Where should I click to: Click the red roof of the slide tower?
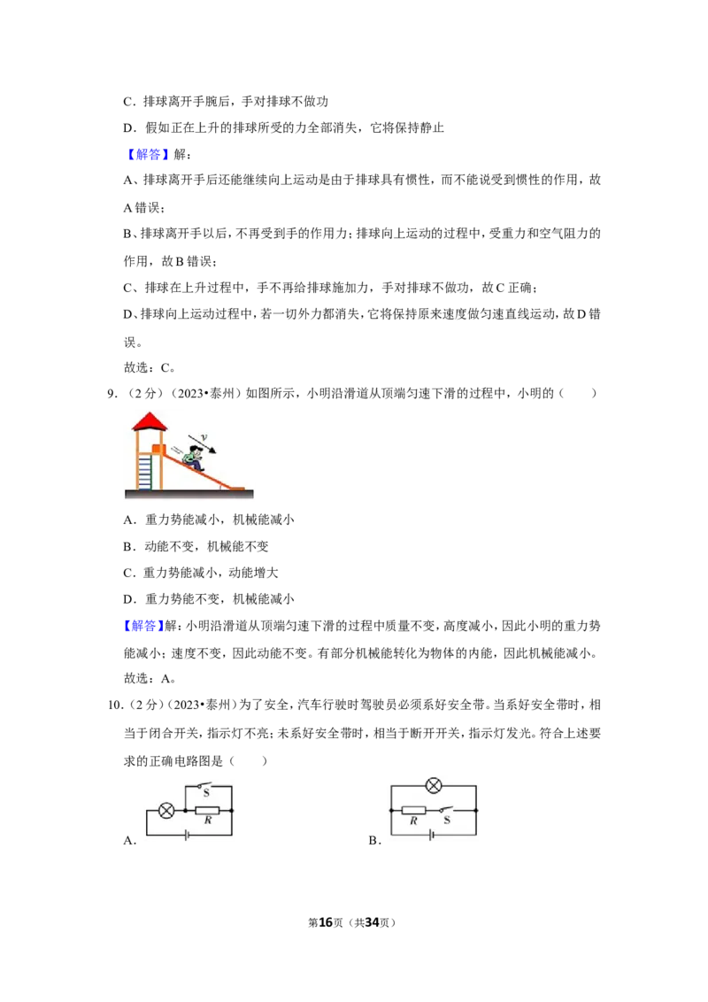pyautogui.click(x=149, y=421)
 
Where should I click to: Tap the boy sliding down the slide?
pyautogui.click(x=194, y=454)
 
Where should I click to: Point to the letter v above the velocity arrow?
pyautogui.click(x=204, y=437)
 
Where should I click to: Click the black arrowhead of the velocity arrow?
pyautogui.click(x=212, y=450)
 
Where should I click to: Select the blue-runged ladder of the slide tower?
pyautogui.click(x=145, y=471)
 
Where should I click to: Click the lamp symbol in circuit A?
pyautogui.click(x=166, y=811)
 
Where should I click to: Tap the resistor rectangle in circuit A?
pyautogui.click(x=208, y=810)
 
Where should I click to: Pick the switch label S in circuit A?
pyautogui.click(x=206, y=793)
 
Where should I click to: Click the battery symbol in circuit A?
pyautogui.click(x=187, y=835)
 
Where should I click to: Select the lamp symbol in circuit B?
pyautogui.click(x=434, y=785)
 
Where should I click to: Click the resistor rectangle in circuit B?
pyautogui.click(x=413, y=810)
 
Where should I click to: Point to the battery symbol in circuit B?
pyautogui.click(x=431, y=835)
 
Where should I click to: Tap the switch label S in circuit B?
pyautogui.click(x=447, y=820)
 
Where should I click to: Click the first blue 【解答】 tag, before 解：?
pyautogui.click(x=147, y=154)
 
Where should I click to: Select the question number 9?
pyautogui.click(x=112, y=394)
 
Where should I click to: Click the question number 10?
pyautogui.click(x=116, y=705)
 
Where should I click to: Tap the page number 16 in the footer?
pyautogui.click(x=326, y=922)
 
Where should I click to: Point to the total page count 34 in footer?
pyautogui.click(x=373, y=922)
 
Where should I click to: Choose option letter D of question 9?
pyautogui.click(x=129, y=599)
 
